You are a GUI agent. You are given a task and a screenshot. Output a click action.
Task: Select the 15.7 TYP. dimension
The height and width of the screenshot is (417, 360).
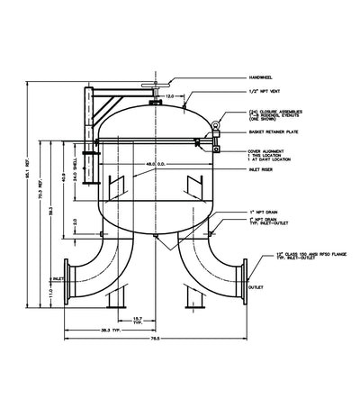coord(137,320)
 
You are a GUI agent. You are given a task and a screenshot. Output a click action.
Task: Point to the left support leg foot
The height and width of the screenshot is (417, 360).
coord(116,306)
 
